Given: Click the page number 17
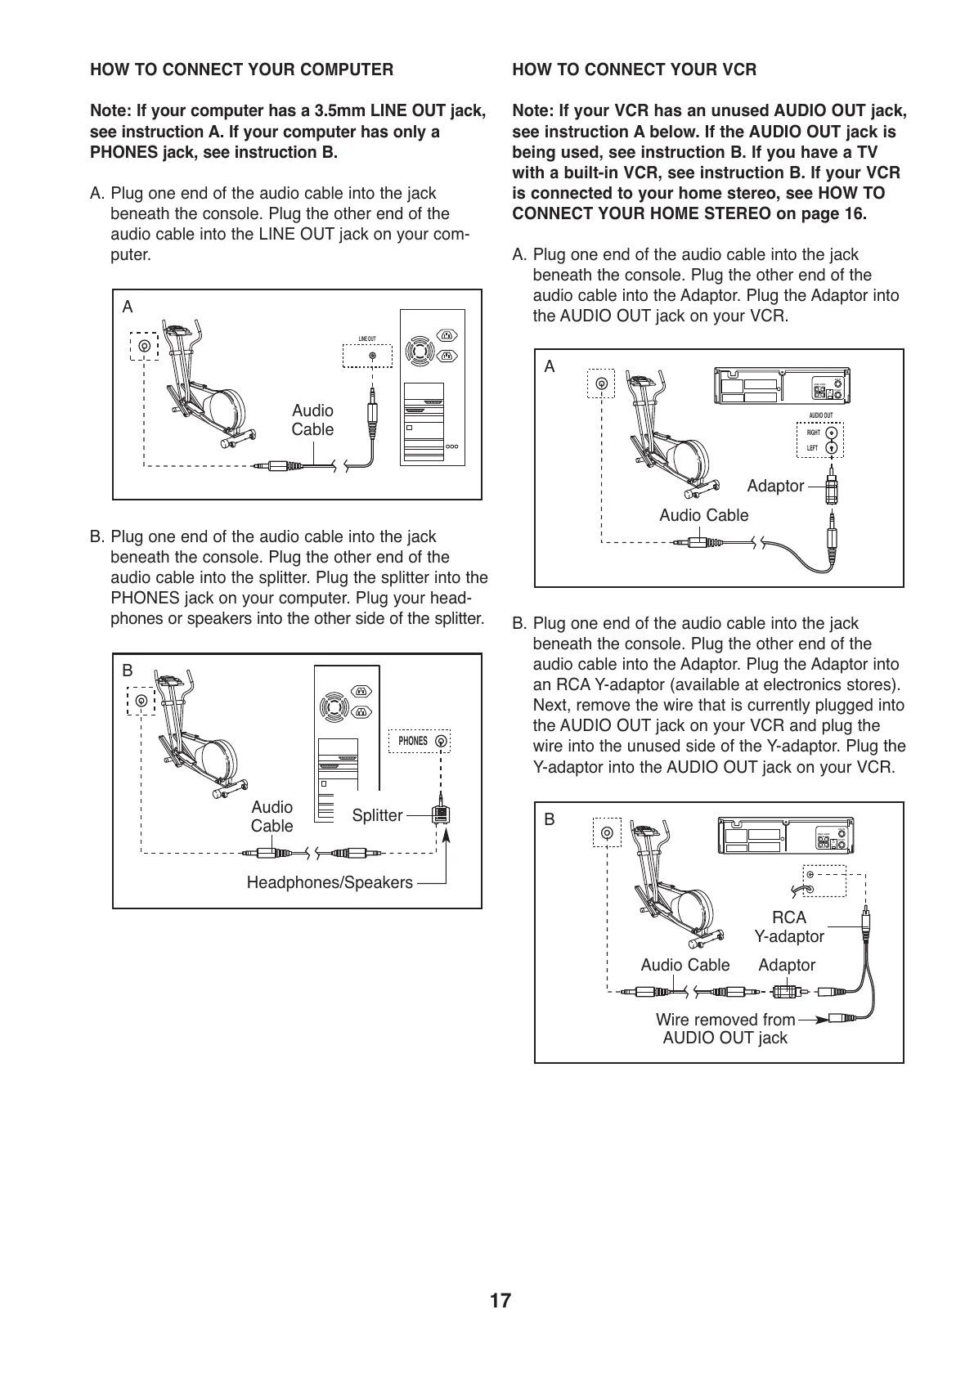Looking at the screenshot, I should (x=500, y=1301).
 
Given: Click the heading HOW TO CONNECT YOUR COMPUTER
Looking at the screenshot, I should (x=241, y=70).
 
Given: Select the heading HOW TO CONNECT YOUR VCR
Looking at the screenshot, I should (x=634, y=70).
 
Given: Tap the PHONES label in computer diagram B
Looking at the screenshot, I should (x=413, y=741).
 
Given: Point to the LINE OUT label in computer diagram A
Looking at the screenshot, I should (x=367, y=339).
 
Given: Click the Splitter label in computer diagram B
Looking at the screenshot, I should (x=377, y=815).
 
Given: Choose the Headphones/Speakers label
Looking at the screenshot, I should (x=330, y=882).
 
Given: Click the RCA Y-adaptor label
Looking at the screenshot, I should (x=789, y=927).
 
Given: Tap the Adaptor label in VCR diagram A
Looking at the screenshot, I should (x=775, y=487).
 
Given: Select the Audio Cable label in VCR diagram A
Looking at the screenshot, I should (x=703, y=515).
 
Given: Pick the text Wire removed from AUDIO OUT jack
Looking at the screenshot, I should (x=725, y=1029).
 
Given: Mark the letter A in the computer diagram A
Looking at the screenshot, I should (x=128, y=307).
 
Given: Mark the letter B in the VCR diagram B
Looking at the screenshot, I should (x=550, y=819).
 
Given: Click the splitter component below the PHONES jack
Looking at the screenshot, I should (x=441, y=814).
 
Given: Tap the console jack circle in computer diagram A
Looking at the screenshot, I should (x=144, y=346).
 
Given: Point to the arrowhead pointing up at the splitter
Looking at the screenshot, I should (x=447, y=835).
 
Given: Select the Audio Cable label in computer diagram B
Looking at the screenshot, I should (x=272, y=817).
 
